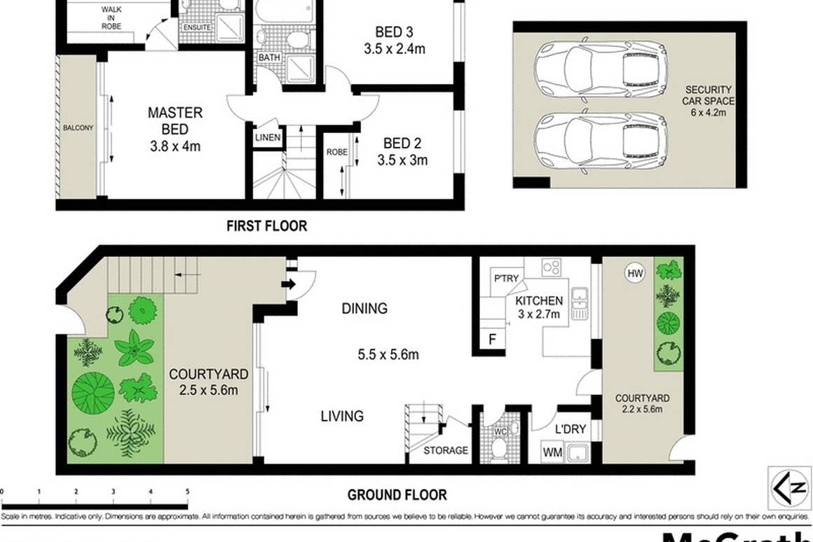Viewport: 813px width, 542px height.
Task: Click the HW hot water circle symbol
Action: click(x=635, y=273)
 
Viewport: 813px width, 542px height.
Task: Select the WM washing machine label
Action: click(x=552, y=452)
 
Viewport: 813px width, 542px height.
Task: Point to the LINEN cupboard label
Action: click(x=268, y=138)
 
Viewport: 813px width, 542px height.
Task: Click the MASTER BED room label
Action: click(x=175, y=121)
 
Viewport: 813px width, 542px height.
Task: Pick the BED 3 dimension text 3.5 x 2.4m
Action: click(x=395, y=49)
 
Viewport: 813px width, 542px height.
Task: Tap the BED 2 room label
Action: click(x=402, y=144)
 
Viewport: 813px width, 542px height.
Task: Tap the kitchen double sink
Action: click(x=579, y=303)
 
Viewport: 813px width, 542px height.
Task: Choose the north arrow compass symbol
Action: click(x=788, y=487)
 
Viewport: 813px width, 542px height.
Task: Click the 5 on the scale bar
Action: click(x=187, y=492)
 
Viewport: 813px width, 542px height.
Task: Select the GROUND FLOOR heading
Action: click(x=397, y=495)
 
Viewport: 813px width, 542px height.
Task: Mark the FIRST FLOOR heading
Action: click(x=266, y=226)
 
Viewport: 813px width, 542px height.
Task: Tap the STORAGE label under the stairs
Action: click(x=446, y=450)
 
